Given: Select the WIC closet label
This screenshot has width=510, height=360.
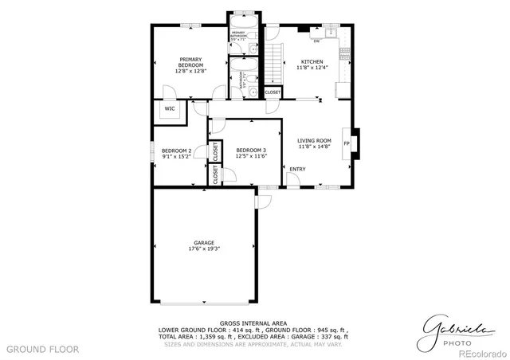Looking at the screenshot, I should coord(170,109).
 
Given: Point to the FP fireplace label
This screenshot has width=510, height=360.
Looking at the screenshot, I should coord(347,143).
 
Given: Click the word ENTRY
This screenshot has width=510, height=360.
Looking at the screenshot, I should coord(297,169).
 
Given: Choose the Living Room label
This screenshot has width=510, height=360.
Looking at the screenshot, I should coord(314,140).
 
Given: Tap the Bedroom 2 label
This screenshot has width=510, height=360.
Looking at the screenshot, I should coord(176,150).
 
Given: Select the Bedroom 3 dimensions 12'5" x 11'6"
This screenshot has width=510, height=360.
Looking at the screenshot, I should coord(250,156).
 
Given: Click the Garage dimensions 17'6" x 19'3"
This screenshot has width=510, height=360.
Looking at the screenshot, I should coord(204,248).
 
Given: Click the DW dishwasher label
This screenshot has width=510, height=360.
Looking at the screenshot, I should coord(316,41).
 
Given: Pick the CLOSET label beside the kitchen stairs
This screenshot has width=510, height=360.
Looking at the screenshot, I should coord(273,92).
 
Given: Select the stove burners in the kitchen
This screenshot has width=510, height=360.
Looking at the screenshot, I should coord(345,56).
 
